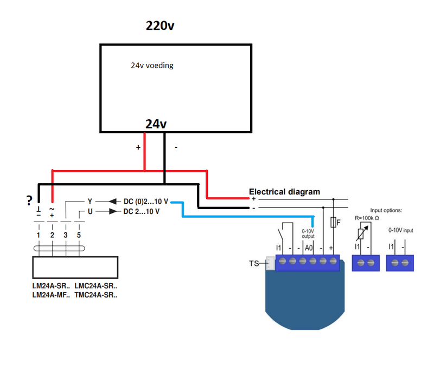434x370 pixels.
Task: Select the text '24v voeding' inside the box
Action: [151, 66]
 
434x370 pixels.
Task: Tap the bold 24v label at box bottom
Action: [156, 124]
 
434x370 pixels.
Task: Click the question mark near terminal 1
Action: [28, 200]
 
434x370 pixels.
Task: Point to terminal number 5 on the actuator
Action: [79, 236]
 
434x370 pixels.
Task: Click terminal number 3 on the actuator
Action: [65, 236]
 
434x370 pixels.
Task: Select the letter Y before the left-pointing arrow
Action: [90, 202]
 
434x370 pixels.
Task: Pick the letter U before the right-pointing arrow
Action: [90, 211]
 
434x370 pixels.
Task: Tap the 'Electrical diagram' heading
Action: [284, 191]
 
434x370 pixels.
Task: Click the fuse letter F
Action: [339, 222]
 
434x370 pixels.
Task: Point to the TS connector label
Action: [254, 263]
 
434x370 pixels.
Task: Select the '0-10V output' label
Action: [308, 233]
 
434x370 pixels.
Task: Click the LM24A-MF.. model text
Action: [50, 295]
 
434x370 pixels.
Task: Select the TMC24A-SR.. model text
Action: [96, 295]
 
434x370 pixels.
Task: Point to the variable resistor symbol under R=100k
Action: [360, 233]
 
